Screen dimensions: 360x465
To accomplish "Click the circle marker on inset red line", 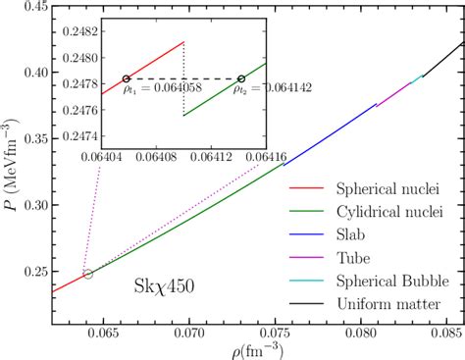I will pyautogui.click(x=126, y=78).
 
